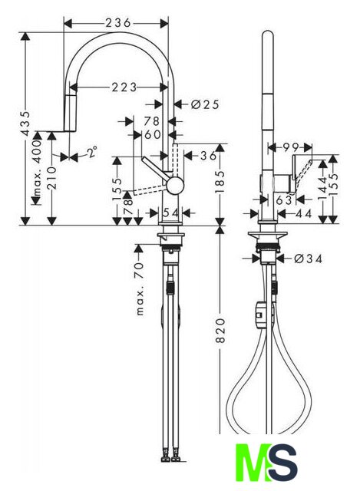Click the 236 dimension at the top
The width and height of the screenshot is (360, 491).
(x=117, y=23)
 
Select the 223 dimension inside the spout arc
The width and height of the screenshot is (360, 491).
(x=124, y=87)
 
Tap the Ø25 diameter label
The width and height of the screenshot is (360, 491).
(x=205, y=104)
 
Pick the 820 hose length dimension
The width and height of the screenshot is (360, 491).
(x=221, y=331)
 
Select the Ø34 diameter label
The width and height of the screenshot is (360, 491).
(x=308, y=259)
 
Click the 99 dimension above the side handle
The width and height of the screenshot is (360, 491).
(x=291, y=147)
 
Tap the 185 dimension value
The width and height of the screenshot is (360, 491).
(x=220, y=182)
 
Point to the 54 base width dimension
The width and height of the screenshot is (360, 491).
(x=171, y=213)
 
